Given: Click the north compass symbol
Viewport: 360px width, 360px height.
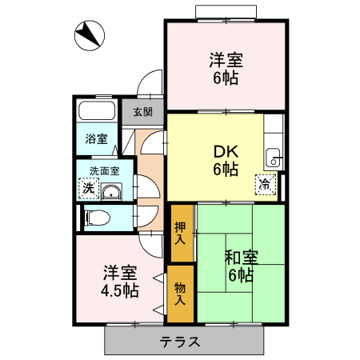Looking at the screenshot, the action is click(90, 35).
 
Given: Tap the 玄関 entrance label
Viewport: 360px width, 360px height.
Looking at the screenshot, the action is click(143, 112).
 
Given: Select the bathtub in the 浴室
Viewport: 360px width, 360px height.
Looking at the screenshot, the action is click(97, 110).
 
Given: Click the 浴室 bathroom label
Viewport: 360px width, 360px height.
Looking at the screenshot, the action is click(96, 138).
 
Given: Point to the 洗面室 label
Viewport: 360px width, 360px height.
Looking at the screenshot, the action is click(104, 171).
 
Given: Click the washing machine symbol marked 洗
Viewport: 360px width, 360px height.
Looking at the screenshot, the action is click(89, 188).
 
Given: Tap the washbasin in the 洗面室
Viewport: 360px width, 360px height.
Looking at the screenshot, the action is click(111, 191).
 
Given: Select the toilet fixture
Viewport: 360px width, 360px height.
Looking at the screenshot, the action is click(97, 218).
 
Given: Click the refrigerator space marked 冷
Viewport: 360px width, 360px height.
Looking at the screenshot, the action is click(266, 185).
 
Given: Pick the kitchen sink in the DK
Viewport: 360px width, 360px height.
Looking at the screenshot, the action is click(273, 158).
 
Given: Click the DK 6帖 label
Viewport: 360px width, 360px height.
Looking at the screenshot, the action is click(226, 160).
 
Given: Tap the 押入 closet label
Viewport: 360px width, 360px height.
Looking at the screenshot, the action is click(180, 233).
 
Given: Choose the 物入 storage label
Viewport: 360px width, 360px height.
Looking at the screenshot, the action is click(180, 294).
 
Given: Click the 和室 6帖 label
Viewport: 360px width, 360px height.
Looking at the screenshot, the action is click(241, 266).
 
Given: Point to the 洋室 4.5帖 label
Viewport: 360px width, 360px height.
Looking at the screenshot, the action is click(120, 282).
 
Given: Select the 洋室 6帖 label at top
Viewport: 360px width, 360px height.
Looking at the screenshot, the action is click(226, 69).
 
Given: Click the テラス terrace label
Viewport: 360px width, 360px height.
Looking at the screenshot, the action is click(179, 342).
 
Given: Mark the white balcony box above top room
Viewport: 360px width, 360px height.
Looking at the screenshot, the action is click(226, 12).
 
